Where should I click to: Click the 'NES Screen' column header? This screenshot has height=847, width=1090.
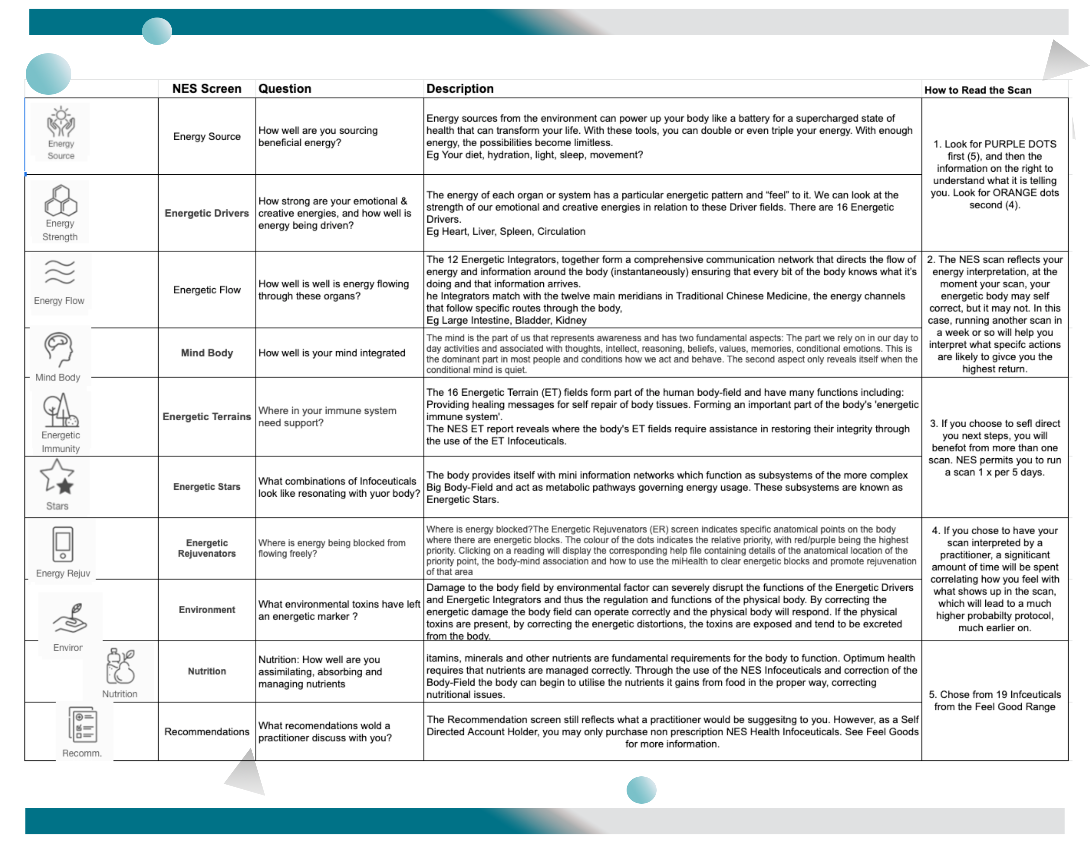(207, 89)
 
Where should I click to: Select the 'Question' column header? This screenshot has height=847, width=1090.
(284, 89)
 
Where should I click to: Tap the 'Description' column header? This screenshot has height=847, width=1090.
(460, 89)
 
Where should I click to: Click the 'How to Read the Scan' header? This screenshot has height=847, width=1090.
(977, 90)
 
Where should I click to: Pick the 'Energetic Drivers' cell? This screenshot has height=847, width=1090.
(207, 213)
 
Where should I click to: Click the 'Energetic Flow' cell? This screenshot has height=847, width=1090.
(207, 290)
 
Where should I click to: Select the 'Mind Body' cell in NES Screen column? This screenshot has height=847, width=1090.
(207, 353)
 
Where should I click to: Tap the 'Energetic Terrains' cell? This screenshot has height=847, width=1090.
(207, 416)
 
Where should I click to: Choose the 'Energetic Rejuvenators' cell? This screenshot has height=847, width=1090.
(207, 548)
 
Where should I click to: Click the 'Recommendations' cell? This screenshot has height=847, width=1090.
(207, 731)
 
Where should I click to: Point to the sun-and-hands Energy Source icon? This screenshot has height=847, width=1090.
(61, 121)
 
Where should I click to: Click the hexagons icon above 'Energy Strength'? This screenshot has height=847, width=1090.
(61, 200)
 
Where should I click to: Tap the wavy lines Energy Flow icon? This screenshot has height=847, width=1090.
(60, 272)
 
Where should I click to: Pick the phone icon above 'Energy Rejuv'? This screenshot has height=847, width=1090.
(63, 544)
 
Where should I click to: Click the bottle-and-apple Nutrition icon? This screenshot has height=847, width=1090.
(120, 666)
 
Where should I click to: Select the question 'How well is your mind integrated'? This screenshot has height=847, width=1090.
(331, 353)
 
